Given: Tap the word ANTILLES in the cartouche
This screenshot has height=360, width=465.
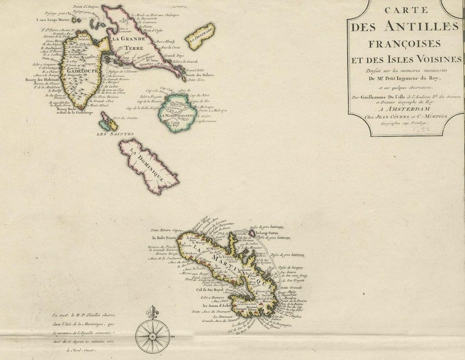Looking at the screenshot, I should point(415,28).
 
